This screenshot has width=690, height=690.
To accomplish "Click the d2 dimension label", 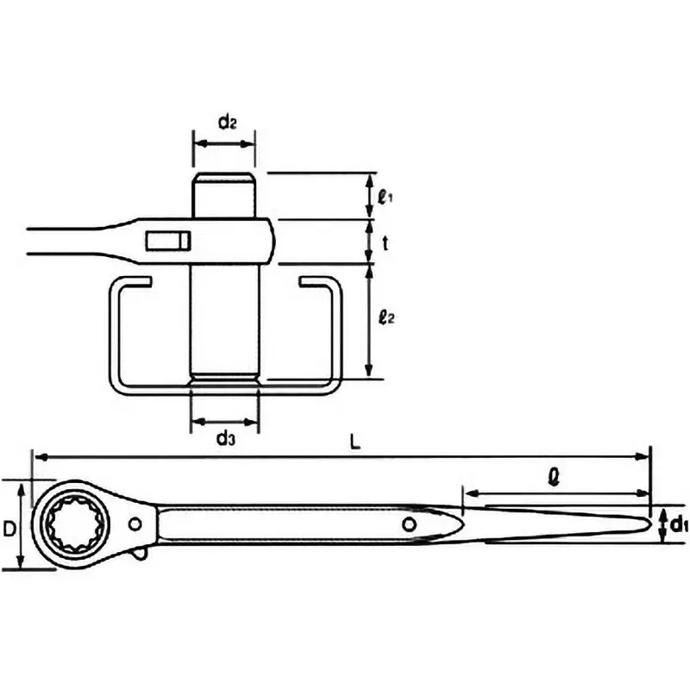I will pos(227,122).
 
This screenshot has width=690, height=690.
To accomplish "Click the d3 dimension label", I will pos(225,439).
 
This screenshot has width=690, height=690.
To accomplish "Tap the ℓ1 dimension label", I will pos(386,196).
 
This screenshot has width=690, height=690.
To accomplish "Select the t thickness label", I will pos(386,243).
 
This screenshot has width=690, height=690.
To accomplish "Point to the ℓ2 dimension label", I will pos(386,318).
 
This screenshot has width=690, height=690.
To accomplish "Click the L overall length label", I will pos(354,441).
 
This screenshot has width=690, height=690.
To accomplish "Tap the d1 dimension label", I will pos(678,522).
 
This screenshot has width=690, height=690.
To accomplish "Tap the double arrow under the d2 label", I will pos(224,142).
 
